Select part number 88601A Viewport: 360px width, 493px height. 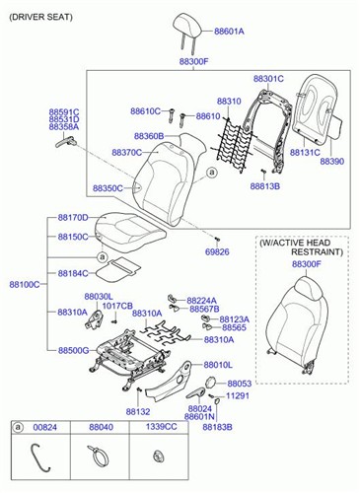(x=227, y=32)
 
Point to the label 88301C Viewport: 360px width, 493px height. (x=267, y=78)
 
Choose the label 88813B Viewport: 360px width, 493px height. (x=264, y=185)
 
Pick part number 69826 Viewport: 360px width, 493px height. (x=218, y=252)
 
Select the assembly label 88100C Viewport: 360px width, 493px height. (x=24, y=284)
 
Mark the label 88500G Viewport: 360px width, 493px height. (x=73, y=350)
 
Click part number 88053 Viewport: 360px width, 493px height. (x=240, y=383)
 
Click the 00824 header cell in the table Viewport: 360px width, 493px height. (x=46, y=427)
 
